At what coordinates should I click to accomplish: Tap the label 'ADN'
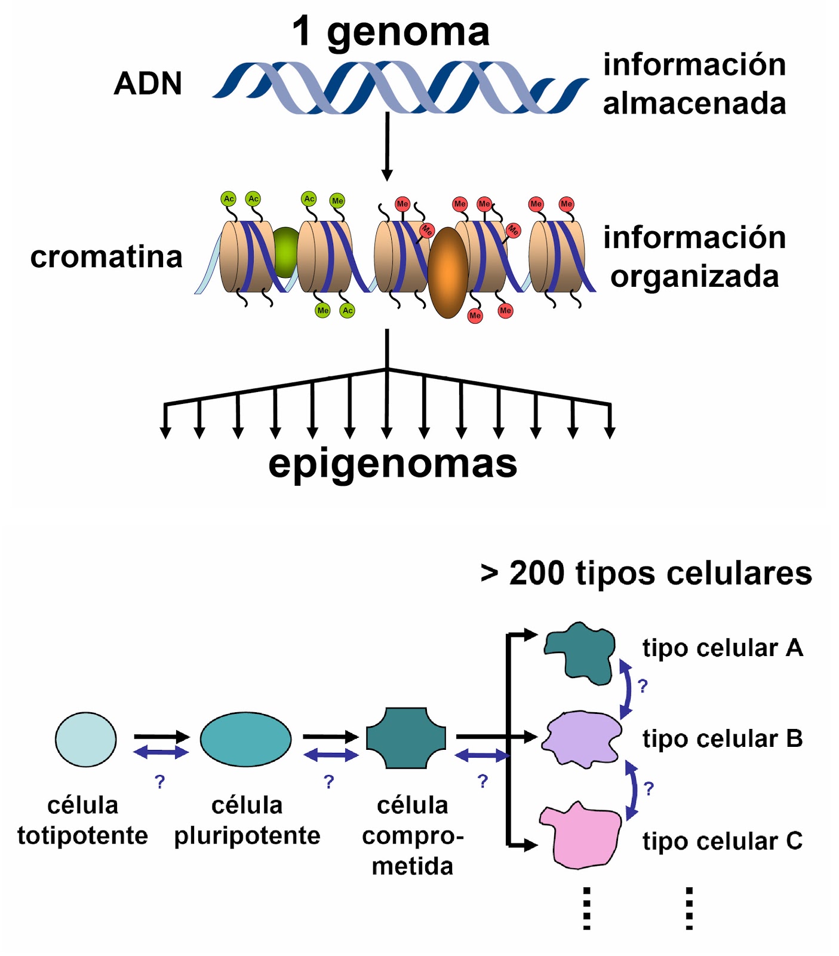pos(147,83)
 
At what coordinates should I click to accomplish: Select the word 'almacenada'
pos(694,103)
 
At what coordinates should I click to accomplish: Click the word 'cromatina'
pos(106,257)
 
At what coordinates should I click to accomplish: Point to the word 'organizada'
pos(694,277)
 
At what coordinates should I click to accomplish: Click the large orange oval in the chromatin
pos(448,272)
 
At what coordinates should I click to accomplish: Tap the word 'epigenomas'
pos(392,463)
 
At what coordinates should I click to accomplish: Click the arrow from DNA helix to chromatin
pos(387,146)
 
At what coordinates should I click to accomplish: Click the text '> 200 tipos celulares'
pos(646,574)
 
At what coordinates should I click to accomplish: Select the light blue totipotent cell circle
pos(85,739)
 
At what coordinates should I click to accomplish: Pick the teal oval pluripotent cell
pos(245,739)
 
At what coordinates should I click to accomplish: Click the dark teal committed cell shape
pos(405,738)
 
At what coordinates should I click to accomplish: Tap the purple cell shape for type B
pos(580,739)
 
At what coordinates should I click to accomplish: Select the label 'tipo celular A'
pos(722,648)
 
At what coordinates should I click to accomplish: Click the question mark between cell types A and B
pos(643,686)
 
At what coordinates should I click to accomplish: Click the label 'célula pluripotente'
pos(247,820)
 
